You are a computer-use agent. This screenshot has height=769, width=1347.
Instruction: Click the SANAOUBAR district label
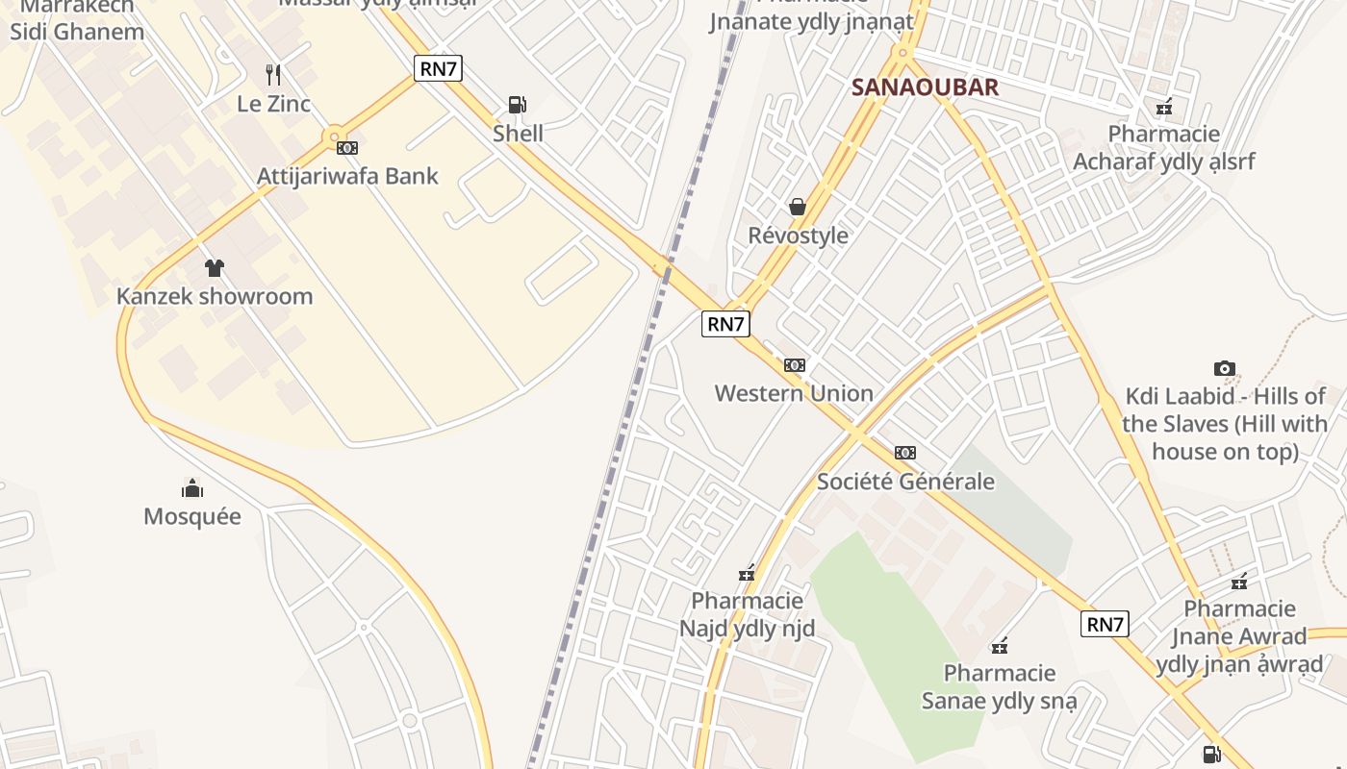(925, 87)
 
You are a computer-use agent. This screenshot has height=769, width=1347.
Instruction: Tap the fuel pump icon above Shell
(518, 104)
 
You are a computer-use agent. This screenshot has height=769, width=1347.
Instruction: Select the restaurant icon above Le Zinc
(273, 74)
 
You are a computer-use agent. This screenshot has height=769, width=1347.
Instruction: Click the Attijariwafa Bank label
(347, 176)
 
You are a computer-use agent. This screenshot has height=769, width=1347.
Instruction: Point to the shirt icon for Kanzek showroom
(214, 267)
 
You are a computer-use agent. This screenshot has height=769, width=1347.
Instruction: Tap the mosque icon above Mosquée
(192, 488)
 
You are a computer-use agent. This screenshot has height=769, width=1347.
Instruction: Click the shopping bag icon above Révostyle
(798, 207)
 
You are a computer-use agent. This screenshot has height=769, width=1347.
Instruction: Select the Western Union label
(794, 393)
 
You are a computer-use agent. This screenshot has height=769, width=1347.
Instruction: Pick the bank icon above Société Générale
(905, 453)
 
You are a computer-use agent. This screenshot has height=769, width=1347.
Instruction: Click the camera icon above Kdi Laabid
(1224, 368)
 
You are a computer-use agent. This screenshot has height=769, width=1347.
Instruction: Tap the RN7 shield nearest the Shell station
(439, 68)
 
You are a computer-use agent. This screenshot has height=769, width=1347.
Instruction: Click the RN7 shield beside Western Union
(725, 324)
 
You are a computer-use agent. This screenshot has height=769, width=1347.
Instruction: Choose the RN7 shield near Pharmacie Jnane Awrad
(1105, 624)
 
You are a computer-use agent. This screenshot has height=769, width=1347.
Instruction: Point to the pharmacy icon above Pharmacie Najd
(747, 574)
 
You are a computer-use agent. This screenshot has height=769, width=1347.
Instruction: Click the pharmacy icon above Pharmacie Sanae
(1000, 645)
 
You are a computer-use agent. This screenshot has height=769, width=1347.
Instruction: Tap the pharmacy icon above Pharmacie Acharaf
(1164, 106)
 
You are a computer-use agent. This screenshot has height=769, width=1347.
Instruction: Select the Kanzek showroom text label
(215, 296)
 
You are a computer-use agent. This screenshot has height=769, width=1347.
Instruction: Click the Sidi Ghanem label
(77, 31)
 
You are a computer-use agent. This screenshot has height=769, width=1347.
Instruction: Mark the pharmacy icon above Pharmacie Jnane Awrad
(1239, 582)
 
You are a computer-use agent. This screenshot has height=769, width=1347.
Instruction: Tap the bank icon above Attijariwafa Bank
(347, 148)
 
